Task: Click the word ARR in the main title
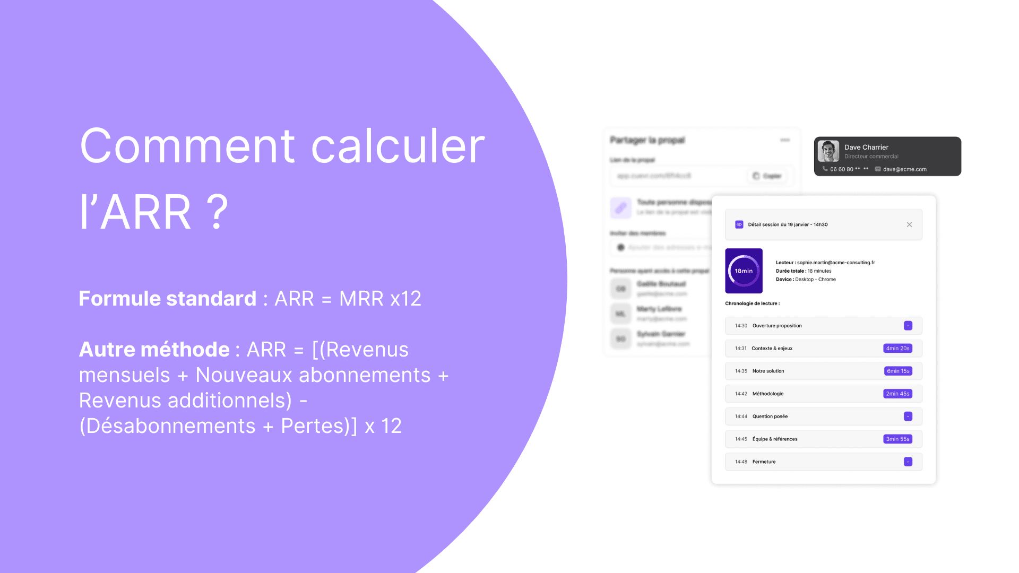coord(145,212)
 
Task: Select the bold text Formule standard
coord(167,299)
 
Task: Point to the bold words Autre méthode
coord(154,350)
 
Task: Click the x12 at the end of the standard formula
coord(406,299)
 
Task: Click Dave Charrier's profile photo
coord(828,151)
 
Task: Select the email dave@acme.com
coord(904,169)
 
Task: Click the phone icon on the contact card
coord(825,169)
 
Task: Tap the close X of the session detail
coord(909,224)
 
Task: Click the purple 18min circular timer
coord(744,271)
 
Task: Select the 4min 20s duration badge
coord(897,349)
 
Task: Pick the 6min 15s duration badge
coord(898,371)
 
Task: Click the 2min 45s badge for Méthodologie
coord(897,394)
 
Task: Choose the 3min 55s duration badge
coord(897,439)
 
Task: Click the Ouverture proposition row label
coord(776,326)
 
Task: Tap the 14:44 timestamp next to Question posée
coord(741,416)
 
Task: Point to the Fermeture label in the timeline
coord(764,462)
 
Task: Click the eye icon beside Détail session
coord(739,224)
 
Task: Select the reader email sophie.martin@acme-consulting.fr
coord(835,263)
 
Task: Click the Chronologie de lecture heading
coord(752,303)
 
